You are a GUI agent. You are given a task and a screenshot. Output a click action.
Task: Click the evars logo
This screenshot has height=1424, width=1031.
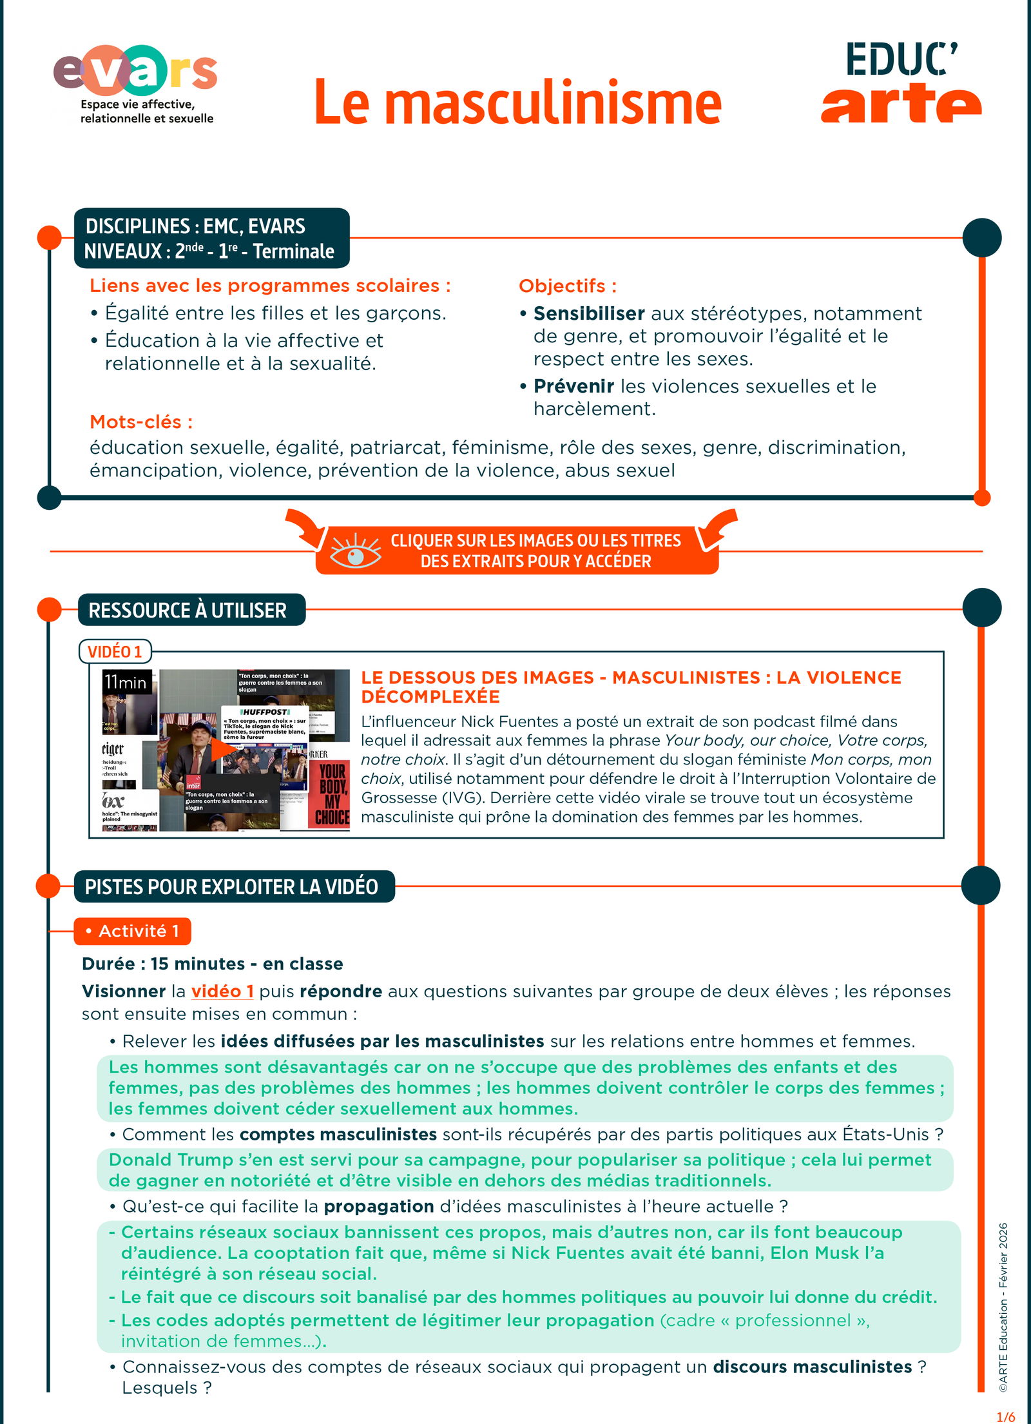tap(135, 83)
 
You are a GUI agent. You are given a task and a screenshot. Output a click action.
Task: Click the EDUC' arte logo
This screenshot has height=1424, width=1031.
tap(901, 83)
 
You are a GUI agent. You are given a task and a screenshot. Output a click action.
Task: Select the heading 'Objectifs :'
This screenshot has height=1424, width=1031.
tap(567, 286)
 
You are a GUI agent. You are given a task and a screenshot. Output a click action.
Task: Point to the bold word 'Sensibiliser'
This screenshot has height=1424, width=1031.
tap(589, 313)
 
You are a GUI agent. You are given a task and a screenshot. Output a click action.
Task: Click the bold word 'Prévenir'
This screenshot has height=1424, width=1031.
tap(573, 386)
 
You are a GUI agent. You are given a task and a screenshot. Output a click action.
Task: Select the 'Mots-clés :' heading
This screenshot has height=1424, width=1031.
tap(141, 422)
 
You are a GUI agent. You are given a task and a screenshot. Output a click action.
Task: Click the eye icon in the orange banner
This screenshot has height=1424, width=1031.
tap(355, 551)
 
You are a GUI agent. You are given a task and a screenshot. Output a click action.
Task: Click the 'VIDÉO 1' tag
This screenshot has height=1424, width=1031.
tap(115, 652)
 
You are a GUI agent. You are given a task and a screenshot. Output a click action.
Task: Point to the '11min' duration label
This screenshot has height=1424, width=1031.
tap(126, 682)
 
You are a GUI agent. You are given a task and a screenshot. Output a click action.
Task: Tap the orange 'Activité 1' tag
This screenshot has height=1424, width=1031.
tap(132, 931)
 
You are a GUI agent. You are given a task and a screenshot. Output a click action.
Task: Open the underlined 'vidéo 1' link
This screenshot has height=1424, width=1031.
tap(222, 991)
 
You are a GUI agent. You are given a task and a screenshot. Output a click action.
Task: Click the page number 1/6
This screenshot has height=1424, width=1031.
tap(1005, 1417)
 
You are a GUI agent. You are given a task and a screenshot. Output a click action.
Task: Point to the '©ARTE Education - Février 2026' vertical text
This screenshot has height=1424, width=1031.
tap(1003, 1309)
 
